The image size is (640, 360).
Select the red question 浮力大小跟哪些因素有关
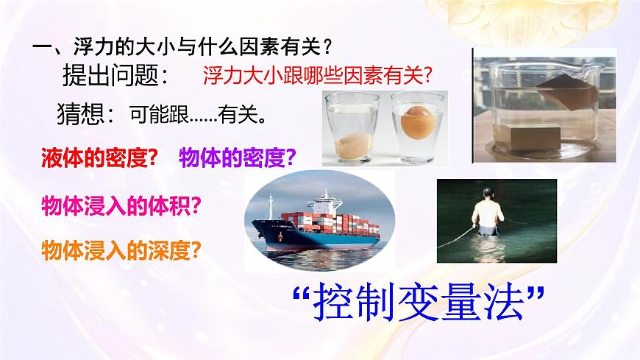click(x=316, y=75)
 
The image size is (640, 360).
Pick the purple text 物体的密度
click(x=238, y=158)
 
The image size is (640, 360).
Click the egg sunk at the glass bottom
click(x=349, y=147)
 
